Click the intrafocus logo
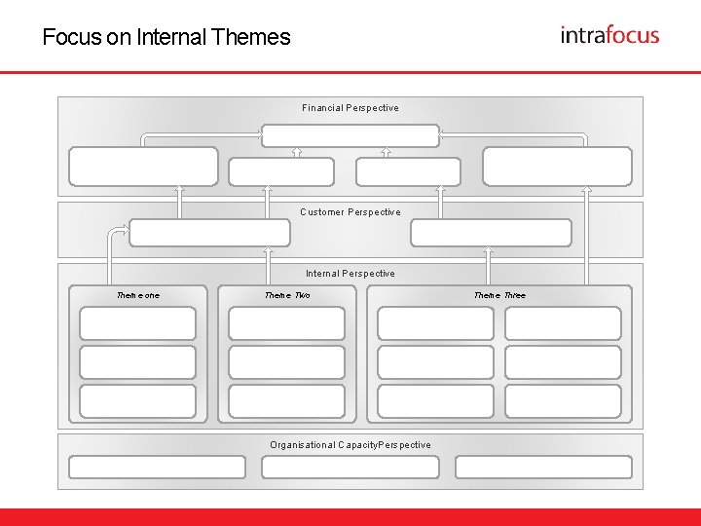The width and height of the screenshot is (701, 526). [609, 35]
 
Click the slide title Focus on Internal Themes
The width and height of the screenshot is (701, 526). [166, 38]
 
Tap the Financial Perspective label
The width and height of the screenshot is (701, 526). [350, 108]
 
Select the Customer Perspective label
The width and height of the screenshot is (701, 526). [350, 211]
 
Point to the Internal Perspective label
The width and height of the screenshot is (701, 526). [350, 274]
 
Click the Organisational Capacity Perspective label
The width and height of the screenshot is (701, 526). [350, 445]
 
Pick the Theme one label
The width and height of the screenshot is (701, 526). [138, 295]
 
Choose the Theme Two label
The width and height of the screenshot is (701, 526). [287, 295]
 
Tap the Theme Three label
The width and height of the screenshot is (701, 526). [499, 295]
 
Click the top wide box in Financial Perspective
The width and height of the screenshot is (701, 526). [350, 134]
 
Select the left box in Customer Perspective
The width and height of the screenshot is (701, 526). [209, 233]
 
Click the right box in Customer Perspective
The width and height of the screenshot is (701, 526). [491, 233]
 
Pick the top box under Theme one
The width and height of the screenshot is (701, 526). [137, 323]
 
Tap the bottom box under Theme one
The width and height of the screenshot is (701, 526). [137, 400]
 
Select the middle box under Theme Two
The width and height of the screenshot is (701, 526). [286, 362]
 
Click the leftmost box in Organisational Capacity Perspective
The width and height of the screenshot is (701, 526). [157, 468]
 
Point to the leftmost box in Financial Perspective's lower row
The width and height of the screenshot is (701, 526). [144, 166]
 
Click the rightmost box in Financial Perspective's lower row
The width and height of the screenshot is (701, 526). [557, 166]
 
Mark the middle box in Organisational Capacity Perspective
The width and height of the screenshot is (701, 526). [350, 468]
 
